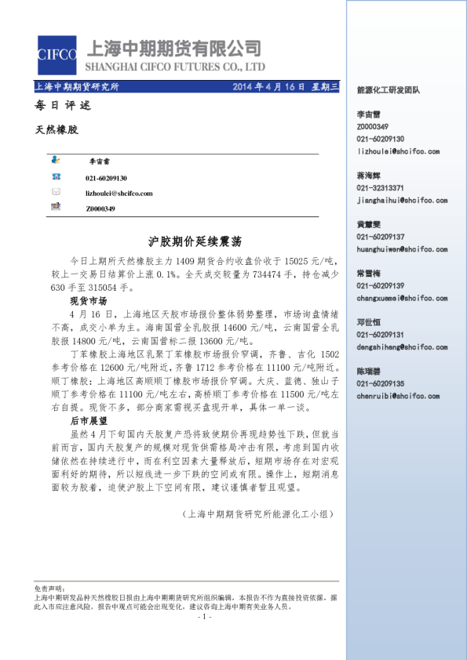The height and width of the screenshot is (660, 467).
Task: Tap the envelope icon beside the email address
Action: point(56,192)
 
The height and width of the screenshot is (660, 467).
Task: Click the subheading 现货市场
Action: point(88,301)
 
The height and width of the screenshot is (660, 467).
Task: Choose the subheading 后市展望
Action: point(88,421)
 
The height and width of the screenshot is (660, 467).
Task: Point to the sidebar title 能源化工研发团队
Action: point(388,91)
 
